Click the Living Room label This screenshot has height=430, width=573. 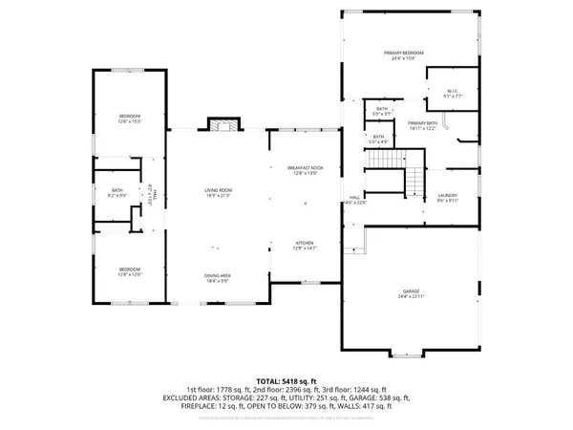(x=220, y=193)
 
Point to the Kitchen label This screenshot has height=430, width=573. (x=306, y=246)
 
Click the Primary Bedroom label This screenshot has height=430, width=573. (x=403, y=54)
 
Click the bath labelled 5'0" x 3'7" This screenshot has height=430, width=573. (x=382, y=112)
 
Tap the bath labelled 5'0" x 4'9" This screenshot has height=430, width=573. (x=379, y=140)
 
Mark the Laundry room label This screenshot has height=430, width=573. (x=448, y=198)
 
